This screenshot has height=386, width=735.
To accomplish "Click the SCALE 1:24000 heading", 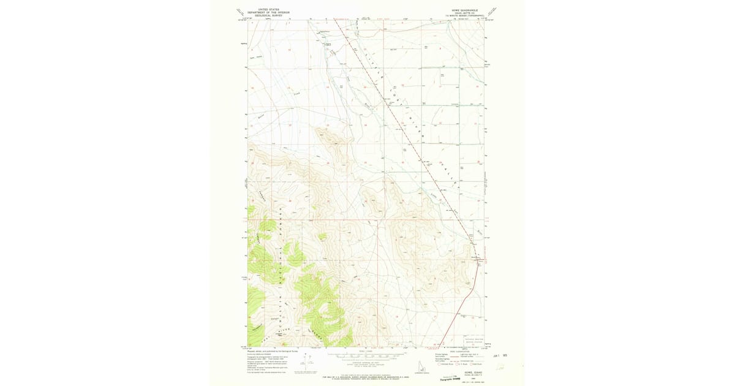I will click(366, 350).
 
